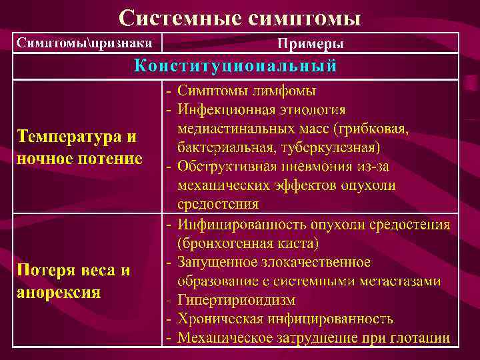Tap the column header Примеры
click(x=311, y=44)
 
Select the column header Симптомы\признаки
click(x=85, y=43)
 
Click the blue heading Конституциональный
click(x=235, y=66)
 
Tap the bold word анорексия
click(x=58, y=293)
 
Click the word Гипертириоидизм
click(x=236, y=300)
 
